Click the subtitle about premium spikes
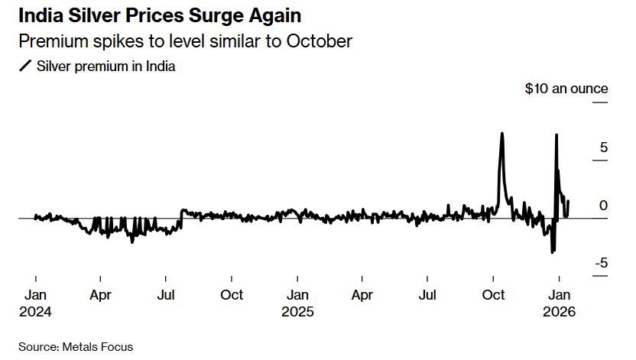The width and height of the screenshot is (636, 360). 184,41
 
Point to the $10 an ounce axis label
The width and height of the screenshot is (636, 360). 566,89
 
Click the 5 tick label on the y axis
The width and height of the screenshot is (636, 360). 603,147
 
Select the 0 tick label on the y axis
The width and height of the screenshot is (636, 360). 603,206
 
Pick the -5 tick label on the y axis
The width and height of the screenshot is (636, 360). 602,263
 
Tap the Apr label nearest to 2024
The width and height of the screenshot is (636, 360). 101,295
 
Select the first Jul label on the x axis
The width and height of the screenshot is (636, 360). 167,295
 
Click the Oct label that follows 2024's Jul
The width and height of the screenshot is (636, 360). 232,295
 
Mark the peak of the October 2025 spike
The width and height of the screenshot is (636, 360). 501,134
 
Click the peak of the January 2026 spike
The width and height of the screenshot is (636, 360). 556,135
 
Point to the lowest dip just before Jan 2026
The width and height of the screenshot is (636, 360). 552,251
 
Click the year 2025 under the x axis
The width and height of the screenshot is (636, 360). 297,312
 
